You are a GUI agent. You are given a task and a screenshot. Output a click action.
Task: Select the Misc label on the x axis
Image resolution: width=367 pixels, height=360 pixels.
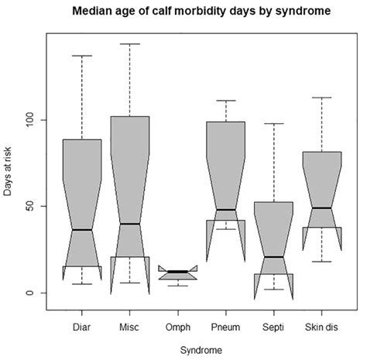129,326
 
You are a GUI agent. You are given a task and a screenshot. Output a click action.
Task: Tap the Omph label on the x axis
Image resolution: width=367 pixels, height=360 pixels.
177,326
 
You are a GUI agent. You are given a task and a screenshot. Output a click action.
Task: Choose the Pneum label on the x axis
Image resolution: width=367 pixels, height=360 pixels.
225,326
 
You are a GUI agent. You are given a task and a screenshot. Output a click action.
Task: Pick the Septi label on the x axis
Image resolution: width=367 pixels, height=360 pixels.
273,326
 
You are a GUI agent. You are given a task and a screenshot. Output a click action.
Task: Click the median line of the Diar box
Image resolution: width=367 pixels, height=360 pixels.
81,230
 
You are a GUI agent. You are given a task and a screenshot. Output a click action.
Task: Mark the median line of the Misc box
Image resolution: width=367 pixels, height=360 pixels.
129,224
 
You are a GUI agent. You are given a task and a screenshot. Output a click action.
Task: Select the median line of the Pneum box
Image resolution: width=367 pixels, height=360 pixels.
225,210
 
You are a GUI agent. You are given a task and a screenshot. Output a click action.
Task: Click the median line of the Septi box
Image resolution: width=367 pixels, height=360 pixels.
273,257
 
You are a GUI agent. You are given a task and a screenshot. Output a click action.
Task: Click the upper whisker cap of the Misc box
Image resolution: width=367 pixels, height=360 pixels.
129,44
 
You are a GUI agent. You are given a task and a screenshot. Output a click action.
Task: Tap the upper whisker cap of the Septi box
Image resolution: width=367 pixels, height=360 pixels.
273,124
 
